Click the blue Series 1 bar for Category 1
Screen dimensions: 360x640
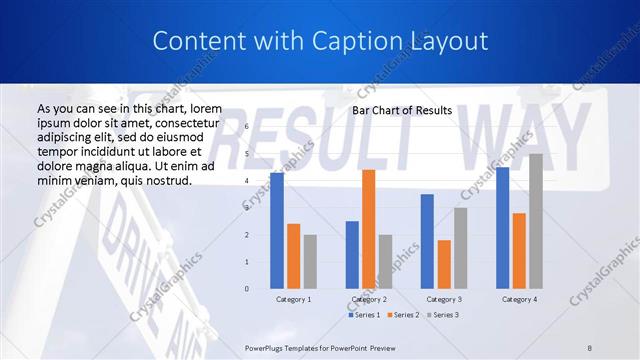pos(277,231)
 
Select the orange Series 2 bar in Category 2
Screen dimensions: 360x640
pos(368,229)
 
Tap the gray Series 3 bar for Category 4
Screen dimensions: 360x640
pos(536,221)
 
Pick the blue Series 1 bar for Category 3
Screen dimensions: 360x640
pos(427,241)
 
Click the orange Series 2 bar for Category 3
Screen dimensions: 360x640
pos(444,264)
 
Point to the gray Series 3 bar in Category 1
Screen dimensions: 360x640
pos(310,262)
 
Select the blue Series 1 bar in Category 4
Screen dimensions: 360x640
pos(502,228)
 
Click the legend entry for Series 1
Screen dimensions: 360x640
pos(363,315)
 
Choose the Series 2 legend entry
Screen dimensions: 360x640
pos(402,315)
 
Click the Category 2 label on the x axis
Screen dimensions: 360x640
pos(369,299)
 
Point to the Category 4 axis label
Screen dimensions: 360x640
pos(519,299)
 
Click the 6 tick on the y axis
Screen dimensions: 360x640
pos(246,127)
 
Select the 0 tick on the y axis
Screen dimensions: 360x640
pos(246,289)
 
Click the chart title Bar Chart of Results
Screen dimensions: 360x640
pos(402,110)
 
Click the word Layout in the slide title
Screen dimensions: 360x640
pos(449,41)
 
